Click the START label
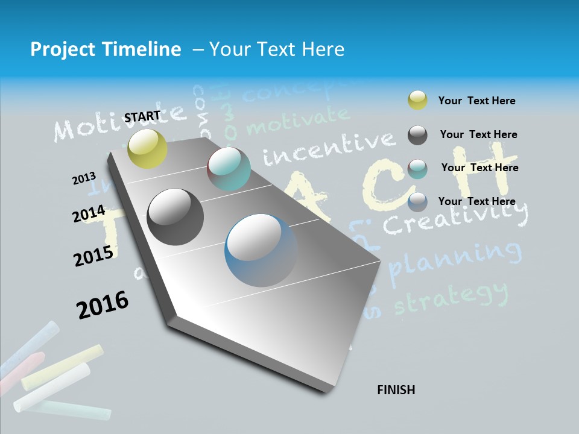[142, 116]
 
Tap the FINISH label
[396, 390]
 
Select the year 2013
[84, 178]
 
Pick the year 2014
[89, 214]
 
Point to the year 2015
[93, 256]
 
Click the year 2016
[103, 304]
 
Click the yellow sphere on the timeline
[148, 148]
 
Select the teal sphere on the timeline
[229, 169]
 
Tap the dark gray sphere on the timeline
[176, 217]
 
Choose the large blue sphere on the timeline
[261, 250]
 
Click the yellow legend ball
[417, 101]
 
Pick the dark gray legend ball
[417, 135]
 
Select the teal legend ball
[417, 169]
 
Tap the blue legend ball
[417, 202]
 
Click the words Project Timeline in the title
[106, 49]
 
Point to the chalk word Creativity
[455, 218]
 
